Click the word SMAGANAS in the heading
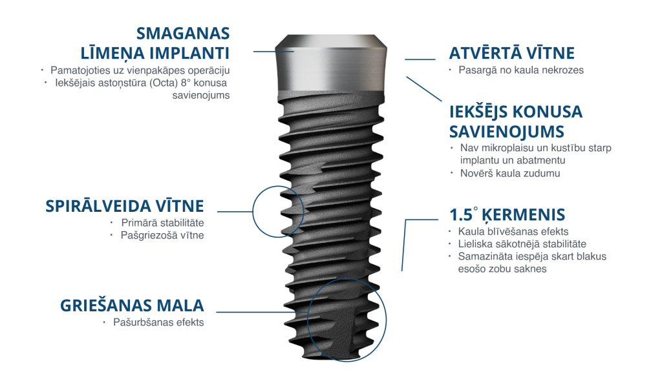pos(183,34)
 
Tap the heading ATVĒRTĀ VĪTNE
pos(512,53)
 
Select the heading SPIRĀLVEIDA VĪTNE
pos(125,206)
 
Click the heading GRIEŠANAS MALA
pos(132,305)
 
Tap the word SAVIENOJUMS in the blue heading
pos(507,132)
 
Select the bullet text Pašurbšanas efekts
pos(158,323)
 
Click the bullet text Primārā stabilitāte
pos(162,223)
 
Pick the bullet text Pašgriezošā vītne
pos(162,235)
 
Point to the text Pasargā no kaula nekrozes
pos(521,70)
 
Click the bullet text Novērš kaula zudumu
pos(510,173)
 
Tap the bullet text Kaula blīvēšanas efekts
pos(513,232)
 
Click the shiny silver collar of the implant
pos(331,63)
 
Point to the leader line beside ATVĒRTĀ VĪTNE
pos(420,59)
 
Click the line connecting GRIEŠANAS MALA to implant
pos(262,312)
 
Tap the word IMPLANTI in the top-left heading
pos(189,53)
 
